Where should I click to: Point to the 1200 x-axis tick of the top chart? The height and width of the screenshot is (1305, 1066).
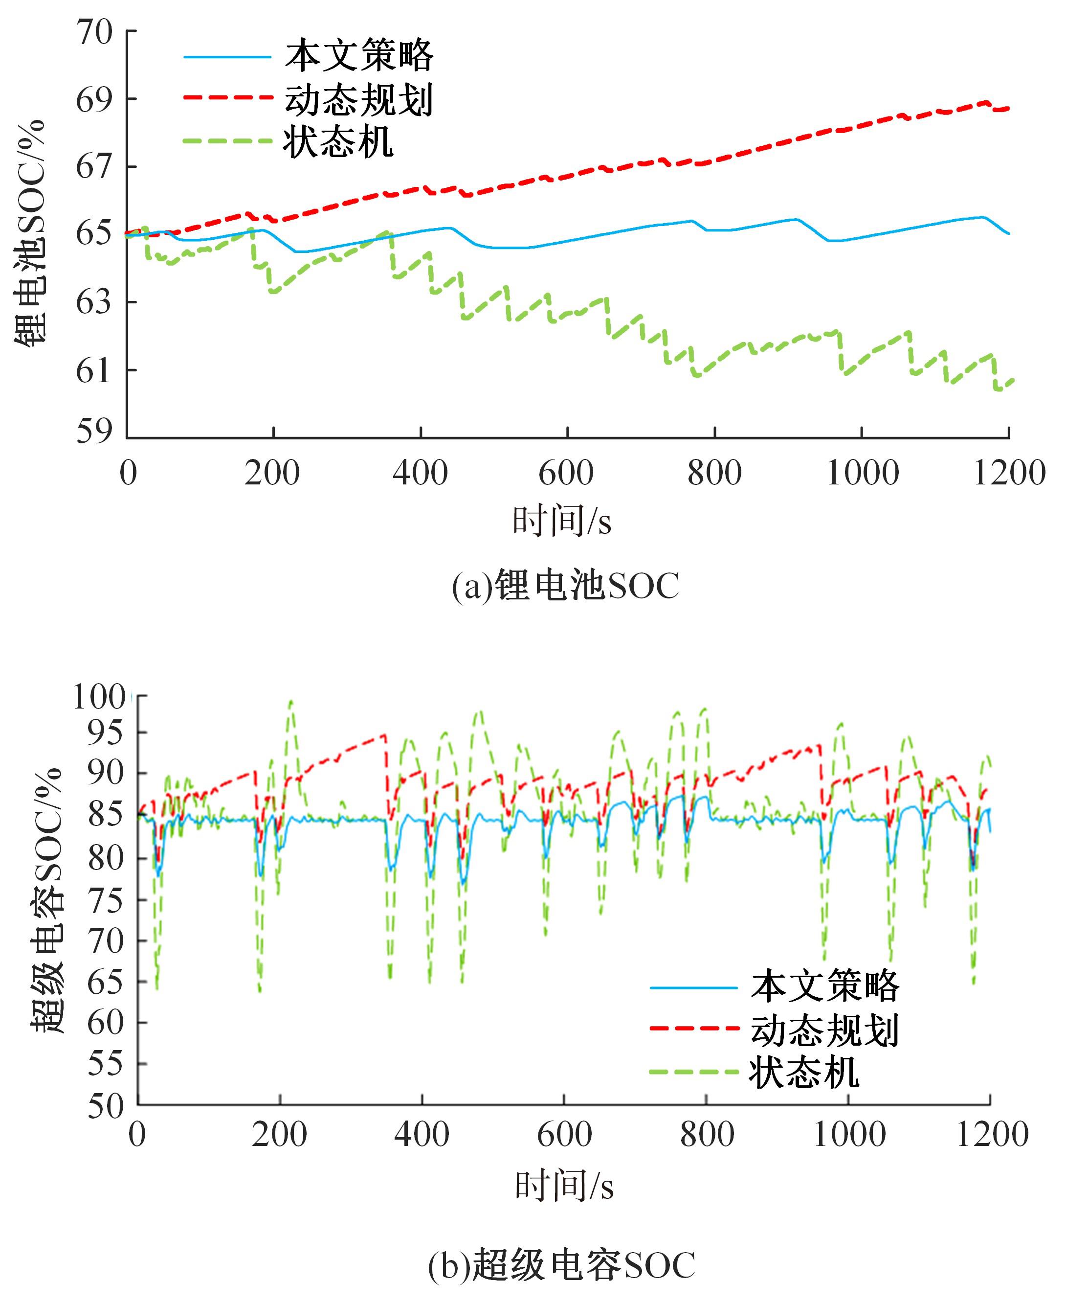point(1009,474)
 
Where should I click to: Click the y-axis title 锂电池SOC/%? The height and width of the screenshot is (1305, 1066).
point(30,233)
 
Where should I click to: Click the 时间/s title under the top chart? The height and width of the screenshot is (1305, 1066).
point(562,521)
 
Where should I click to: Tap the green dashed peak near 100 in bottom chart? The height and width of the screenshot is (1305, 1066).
point(290,701)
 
